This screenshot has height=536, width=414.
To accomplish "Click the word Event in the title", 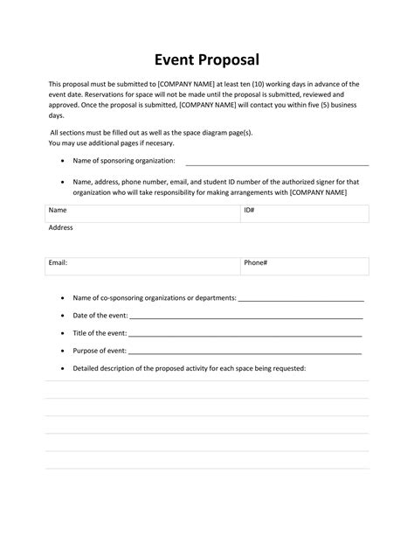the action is point(175,59).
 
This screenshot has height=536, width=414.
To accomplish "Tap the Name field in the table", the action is point(142,213).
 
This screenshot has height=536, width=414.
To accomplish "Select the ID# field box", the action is point(304,213).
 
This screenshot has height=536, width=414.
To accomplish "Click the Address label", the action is point(60,227).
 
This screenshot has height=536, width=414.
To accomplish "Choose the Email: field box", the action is point(142,266).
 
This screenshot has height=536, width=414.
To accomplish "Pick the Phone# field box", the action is point(304,266).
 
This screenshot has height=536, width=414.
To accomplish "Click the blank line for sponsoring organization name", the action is point(277,163).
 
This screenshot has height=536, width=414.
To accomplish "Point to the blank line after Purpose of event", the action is point(245,352).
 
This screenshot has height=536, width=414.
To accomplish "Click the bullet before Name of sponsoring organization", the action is point(62,162).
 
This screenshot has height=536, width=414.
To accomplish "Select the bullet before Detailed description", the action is point(62,369).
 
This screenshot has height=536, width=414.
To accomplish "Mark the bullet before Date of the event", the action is point(62,316).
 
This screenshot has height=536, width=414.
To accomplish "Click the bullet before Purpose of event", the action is point(62,352).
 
